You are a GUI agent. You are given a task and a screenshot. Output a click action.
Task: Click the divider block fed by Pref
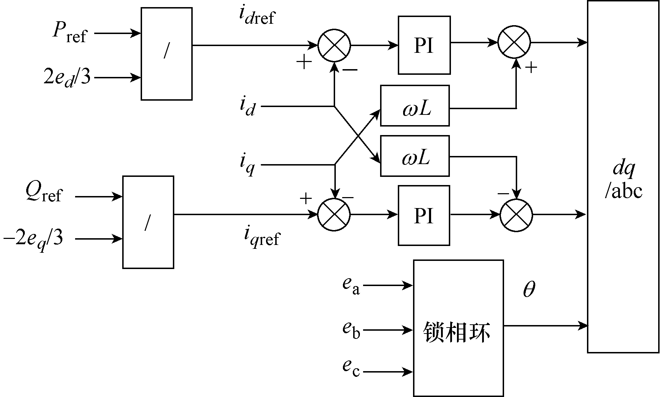coord(166,54)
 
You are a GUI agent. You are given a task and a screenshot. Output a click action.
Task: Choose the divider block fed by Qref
coord(148,222)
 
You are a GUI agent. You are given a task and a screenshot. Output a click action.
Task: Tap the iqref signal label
coord(261,237)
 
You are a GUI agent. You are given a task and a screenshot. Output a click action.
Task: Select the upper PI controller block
coord(424,45)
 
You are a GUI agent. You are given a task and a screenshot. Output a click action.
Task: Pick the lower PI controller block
coord(424,215)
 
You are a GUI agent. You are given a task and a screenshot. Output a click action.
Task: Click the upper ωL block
coord(415,106)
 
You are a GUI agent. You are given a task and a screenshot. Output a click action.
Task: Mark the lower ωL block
coord(415,156)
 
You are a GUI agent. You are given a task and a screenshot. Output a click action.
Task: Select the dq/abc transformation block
coord(623,177)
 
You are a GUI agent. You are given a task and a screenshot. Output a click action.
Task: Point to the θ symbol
coord(529,290)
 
